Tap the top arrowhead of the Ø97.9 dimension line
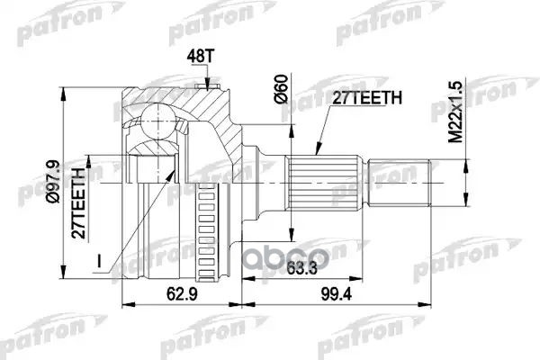pyautogui.click(x=68, y=87)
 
